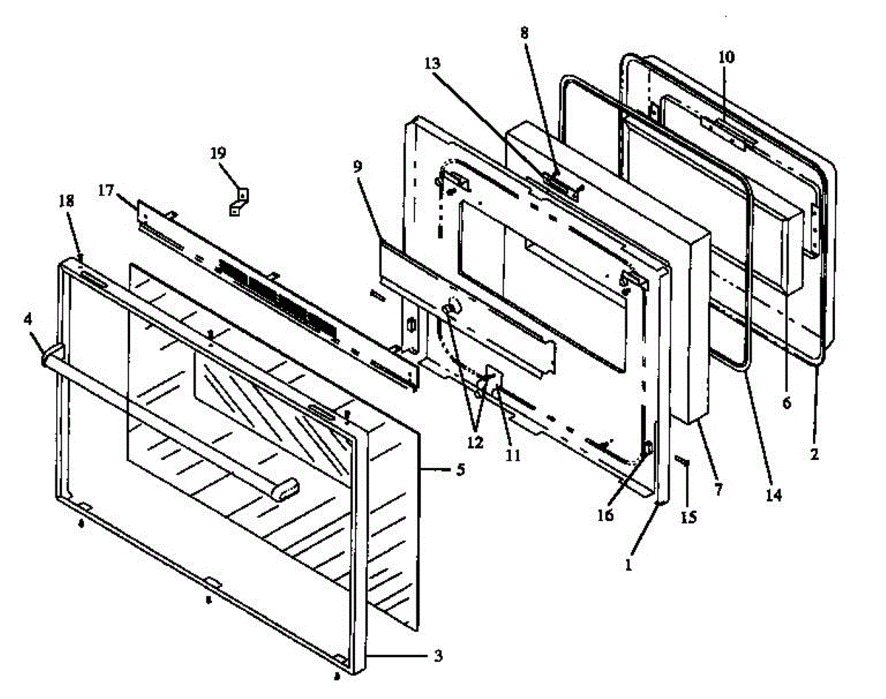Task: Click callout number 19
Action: click(x=218, y=154)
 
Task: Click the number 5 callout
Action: click(x=460, y=469)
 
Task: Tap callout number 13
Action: click(x=433, y=64)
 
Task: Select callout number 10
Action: click(x=727, y=57)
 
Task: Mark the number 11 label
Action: click(x=513, y=455)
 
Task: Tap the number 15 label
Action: click(x=688, y=517)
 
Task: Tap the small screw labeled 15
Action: click(x=682, y=463)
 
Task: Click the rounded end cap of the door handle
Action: click(x=288, y=487)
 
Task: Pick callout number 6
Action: click(x=786, y=403)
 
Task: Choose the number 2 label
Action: click(x=814, y=455)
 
